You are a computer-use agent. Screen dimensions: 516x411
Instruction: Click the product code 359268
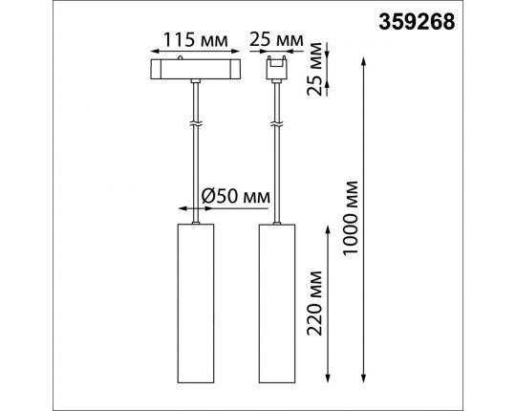417,22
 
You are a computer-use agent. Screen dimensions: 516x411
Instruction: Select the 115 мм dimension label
196,40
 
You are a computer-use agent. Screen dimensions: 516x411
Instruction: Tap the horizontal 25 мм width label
276,40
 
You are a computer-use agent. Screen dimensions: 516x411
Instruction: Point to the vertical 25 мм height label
314,69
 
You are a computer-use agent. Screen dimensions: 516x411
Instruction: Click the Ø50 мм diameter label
235,197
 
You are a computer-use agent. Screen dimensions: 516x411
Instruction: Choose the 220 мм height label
314,303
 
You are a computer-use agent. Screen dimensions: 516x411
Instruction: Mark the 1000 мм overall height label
350,218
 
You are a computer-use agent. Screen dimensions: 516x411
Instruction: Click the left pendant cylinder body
196,303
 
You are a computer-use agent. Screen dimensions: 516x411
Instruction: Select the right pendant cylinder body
277,303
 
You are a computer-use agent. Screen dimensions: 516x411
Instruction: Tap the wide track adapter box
196,69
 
